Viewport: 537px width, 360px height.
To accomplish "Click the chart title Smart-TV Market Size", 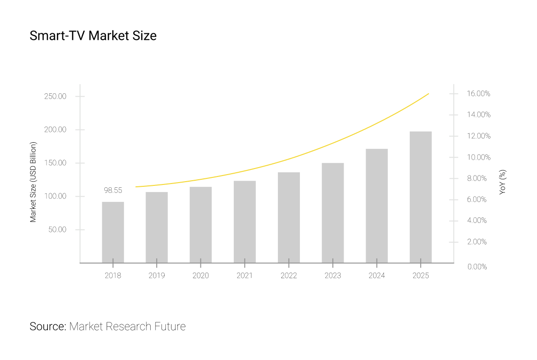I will coord(93,36).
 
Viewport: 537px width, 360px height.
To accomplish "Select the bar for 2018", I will coord(113,232).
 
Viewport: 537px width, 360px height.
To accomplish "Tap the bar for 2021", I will coord(245,222).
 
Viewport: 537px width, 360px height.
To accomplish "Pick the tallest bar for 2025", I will coord(421,197).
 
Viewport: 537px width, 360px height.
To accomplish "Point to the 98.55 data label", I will coord(113,191).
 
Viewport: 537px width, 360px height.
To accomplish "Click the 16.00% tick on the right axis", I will coord(478,94).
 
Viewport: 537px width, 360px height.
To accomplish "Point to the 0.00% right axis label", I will coord(477,267).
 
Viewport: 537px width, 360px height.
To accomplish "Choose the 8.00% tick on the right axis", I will coord(477,178).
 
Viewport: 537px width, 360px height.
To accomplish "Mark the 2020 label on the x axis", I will coord(200,276).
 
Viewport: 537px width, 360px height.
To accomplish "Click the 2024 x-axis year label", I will coord(376,276).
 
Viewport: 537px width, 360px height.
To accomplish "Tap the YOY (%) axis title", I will coord(502,182).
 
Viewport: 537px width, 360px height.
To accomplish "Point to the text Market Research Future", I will coord(127,327).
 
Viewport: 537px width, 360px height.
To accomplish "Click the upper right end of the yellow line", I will coord(428,94).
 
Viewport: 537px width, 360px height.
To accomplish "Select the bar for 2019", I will coord(156,227).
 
